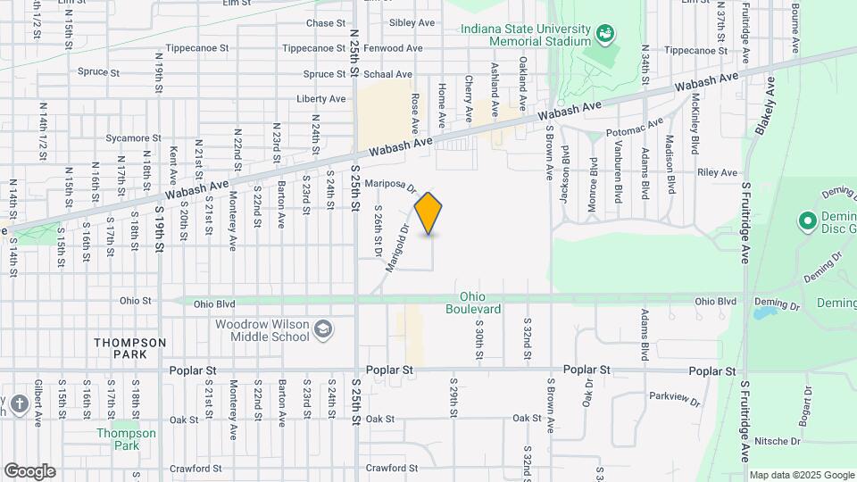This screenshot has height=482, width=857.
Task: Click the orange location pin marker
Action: click(x=428, y=213)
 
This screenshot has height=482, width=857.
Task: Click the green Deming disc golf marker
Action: click(x=808, y=220)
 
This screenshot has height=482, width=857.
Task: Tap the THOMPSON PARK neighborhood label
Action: click(x=131, y=348)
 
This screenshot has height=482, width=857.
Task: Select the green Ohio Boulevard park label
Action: click(x=479, y=303)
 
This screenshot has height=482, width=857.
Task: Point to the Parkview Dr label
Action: click(x=675, y=398)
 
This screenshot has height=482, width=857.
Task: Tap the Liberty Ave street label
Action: click(x=320, y=99)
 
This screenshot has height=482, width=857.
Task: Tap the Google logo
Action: click(x=29, y=471)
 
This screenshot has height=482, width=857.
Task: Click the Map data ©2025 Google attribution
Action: click(x=802, y=475)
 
